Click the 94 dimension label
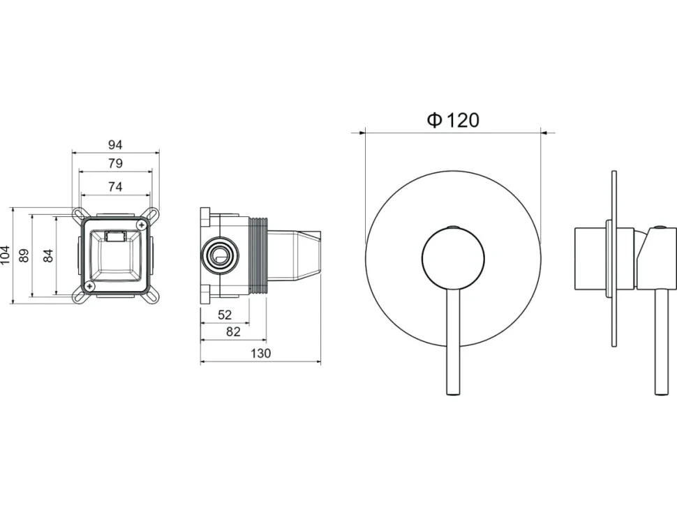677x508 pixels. pos(115,144)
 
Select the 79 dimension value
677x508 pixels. pos(115,163)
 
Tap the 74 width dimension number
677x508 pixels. pos(115,186)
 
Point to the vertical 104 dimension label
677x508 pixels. pos(5,255)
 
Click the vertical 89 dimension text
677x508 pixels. pos(24,255)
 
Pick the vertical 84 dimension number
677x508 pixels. pos(48,255)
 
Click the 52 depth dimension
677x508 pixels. pos(225,315)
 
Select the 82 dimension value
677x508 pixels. pos(233,331)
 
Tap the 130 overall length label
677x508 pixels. pos(261,353)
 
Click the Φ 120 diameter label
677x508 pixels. pos(453,119)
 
